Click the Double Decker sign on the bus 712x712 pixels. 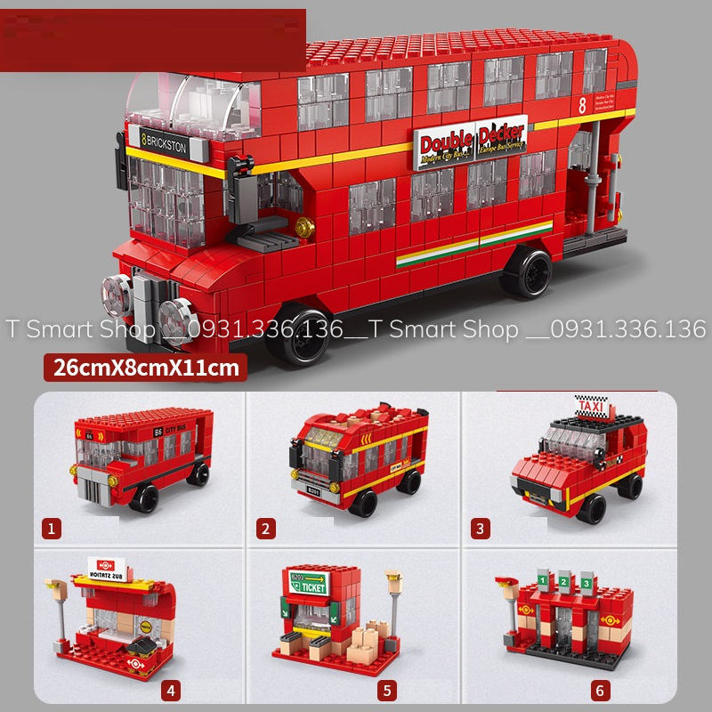tap(471, 142)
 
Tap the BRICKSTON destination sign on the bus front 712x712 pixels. tap(165, 142)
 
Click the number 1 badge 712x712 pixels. tap(53, 529)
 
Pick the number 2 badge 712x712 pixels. tap(264, 529)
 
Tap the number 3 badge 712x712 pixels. tap(481, 529)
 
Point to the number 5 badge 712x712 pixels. tap(385, 690)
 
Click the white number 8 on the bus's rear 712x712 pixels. tap(582, 105)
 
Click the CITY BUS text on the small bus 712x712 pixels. tap(175, 431)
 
